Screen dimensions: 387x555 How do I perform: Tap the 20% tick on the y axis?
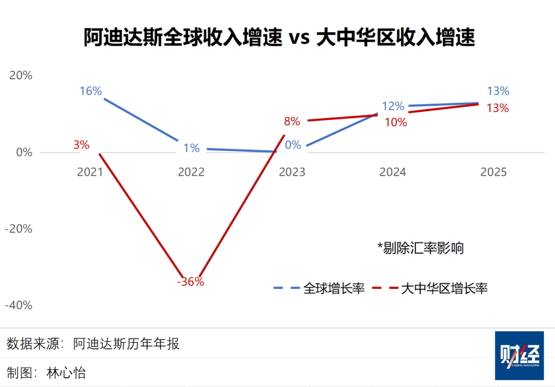pos(21,75)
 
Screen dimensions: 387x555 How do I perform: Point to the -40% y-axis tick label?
pos(18,305)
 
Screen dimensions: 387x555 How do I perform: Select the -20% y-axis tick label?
pos(18,228)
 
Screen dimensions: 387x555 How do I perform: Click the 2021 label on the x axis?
pos(90,172)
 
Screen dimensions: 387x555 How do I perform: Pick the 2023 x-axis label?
pos(292,172)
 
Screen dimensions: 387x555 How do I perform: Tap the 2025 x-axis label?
pos(493,172)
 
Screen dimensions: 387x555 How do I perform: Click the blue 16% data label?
pos(91,91)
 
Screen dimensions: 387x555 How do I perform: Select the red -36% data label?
pos(191,282)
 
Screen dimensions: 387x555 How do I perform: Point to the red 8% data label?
pos(292,122)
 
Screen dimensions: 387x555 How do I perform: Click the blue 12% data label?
pos(393,106)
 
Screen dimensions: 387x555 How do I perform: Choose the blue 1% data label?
pos(191,148)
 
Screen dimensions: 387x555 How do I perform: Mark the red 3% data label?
pos(81,145)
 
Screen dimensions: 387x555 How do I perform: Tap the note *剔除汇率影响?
pos(420,248)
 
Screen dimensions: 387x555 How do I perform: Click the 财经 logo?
pos(519,356)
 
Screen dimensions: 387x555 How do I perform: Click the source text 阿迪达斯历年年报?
pos(126,343)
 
